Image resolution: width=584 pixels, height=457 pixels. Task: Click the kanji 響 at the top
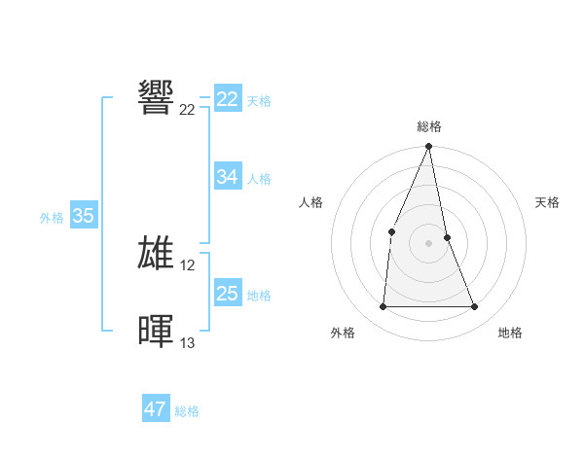pos(157,97)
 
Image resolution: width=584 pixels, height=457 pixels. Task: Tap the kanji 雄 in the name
pos(157,253)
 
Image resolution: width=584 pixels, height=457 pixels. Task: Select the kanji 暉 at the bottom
pos(157,331)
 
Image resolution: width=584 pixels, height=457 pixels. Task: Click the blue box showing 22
pos(228,99)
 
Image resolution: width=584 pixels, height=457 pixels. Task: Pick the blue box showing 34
pos(228,177)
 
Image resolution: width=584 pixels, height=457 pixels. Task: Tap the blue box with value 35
pos(83,216)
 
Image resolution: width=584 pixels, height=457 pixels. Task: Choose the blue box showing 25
pos(228,294)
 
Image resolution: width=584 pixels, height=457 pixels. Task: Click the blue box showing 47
pos(156,409)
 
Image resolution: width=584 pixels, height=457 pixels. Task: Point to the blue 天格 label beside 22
pos(259,101)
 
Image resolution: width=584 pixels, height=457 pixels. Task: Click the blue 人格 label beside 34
pos(259,179)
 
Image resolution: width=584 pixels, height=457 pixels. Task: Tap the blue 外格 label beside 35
pos(52,218)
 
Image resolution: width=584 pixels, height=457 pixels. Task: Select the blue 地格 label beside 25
pos(259,296)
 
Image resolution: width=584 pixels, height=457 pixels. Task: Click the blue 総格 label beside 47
pos(187,411)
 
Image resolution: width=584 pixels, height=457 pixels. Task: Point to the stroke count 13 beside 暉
pos(188,343)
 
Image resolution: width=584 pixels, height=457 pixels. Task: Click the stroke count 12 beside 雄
pos(188,265)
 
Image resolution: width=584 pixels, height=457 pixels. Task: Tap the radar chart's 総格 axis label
pos(429,126)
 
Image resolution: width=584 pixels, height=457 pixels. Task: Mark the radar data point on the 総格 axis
pos(429,148)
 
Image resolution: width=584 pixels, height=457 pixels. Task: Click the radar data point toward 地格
pos(475,307)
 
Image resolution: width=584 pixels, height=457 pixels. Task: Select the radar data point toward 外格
pos(383,307)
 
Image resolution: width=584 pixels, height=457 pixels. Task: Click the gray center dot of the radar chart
pos(429,243)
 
